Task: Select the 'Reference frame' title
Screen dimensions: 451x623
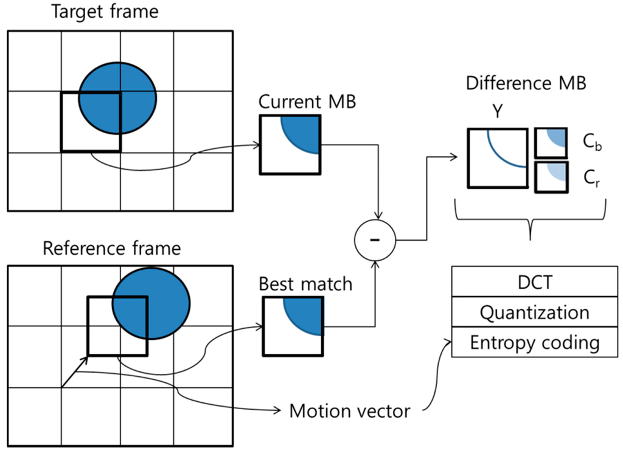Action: (x=111, y=249)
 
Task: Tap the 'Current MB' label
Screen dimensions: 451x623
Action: (x=307, y=101)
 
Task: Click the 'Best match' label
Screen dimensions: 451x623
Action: (x=305, y=283)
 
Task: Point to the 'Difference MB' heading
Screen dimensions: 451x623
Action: (x=526, y=83)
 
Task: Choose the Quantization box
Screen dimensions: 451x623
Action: (x=534, y=312)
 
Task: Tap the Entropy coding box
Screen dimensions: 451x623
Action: (x=534, y=342)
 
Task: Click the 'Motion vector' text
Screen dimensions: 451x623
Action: (x=349, y=411)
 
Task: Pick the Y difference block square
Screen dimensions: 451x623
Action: (x=497, y=157)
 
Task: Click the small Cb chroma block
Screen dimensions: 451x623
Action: (x=551, y=143)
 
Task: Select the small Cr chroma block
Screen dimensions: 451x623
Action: (x=551, y=177)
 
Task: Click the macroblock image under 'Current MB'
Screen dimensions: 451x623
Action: (x=290, y=144)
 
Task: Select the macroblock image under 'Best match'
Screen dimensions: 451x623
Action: (x=292, y=326)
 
